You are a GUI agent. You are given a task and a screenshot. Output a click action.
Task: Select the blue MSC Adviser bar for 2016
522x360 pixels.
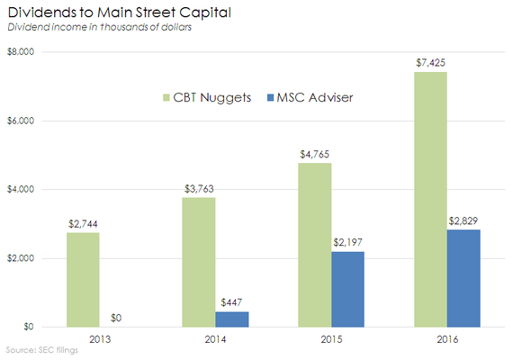pos(463,278)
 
